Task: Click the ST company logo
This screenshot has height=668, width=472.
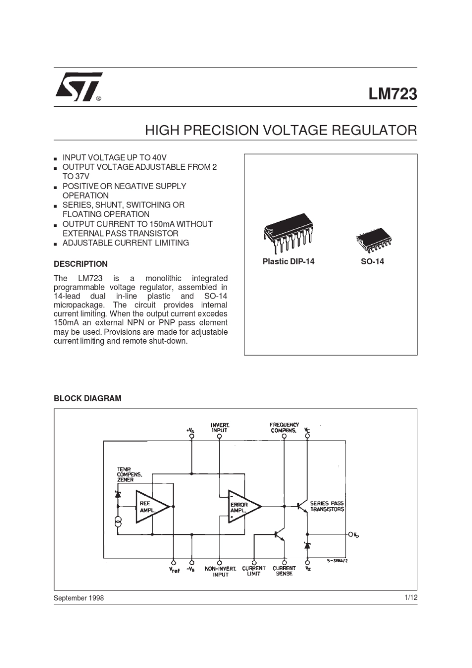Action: point(79,87)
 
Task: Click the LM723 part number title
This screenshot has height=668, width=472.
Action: point(393,94)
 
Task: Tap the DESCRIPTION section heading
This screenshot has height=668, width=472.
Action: point(80,264)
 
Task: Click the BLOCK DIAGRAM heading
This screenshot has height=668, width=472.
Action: point(87,398)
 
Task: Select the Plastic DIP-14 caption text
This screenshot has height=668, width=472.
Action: point(288,261)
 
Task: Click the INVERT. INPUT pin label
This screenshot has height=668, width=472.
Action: point(220,428)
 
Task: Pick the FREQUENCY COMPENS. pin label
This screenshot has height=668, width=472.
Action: point(284,427)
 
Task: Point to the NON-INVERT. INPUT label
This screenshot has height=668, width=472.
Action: point(221,571)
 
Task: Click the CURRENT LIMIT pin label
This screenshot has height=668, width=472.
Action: point(254,571)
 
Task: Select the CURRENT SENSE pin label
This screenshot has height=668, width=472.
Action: point(284,571)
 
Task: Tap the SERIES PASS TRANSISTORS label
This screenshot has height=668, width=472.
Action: point(327,506)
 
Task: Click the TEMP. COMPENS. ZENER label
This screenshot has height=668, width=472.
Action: point(129,474)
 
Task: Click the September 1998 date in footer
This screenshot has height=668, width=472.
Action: point(79,598)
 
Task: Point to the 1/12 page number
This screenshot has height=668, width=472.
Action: point(411,597)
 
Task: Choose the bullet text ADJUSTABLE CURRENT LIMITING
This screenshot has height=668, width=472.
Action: point(126,243)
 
